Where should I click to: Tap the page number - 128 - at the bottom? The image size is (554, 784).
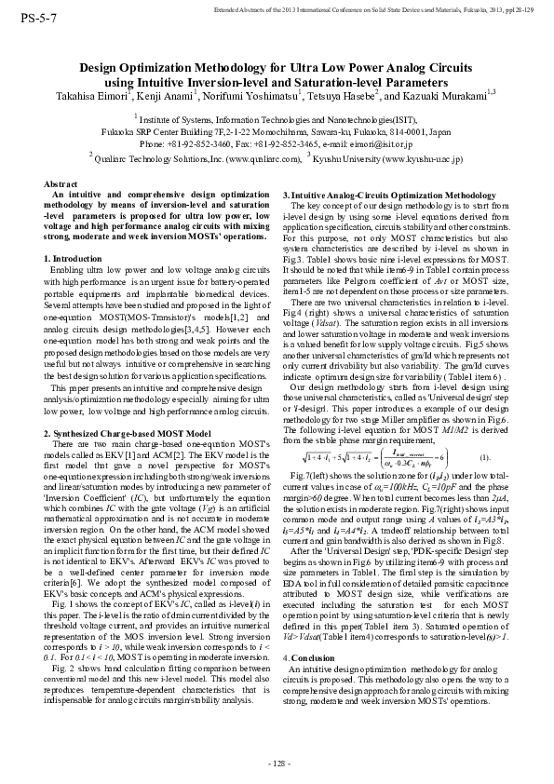277,764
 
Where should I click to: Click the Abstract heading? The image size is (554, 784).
62,185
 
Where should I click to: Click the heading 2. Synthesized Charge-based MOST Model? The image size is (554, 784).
127,434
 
